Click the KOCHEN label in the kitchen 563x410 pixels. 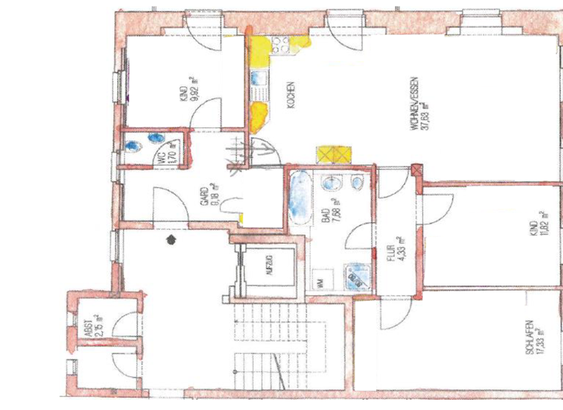[291, 94]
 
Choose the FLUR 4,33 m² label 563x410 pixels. [396, 249]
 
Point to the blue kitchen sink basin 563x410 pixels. [258, 78]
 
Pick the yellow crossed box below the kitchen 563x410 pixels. [334, 154]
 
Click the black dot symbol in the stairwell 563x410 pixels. [171, 238]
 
